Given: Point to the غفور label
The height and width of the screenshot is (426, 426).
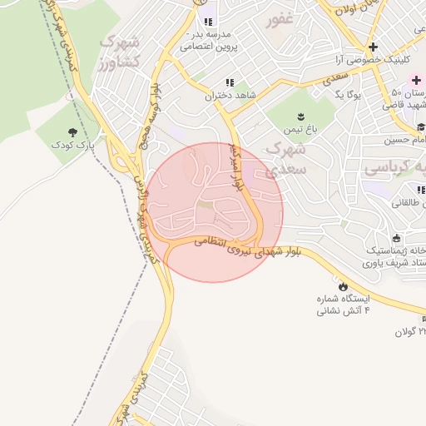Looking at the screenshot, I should (x=280, y=21).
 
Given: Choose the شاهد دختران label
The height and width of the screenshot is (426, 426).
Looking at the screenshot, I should (x=229, y=97).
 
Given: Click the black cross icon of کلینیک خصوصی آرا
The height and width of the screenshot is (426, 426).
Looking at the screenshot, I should (x=373, y=47).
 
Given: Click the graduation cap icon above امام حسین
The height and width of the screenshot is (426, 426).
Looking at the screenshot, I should (x=421, y=126).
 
